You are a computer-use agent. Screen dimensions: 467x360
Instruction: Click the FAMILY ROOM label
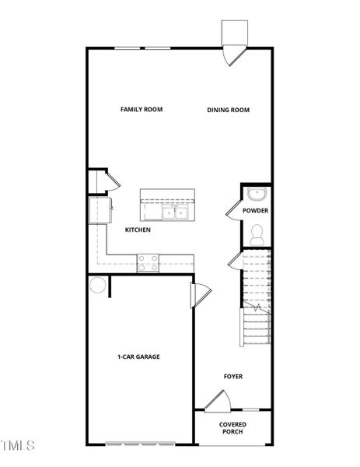click(x=141, y=110)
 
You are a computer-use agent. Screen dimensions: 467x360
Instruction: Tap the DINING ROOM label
click(x=228, y=110)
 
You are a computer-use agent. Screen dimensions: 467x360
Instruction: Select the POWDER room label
click(x=255, y=211)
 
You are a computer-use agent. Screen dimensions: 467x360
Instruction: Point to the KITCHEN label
click(x=138, y=230)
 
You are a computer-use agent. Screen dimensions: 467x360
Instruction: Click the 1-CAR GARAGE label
click(x=138, y=357)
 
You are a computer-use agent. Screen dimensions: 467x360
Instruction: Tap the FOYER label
click(x=233, y=377)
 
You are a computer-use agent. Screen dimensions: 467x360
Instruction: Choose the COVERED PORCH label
click(x=233, y=427)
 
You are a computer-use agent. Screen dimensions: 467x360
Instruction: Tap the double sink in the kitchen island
click(x=174, y=212)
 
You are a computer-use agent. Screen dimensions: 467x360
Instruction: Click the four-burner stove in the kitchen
click(x=148, y=264)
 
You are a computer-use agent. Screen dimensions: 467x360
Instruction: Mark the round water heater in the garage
click(x=97, y=286)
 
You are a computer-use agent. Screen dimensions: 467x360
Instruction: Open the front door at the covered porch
click(x=215, y=400)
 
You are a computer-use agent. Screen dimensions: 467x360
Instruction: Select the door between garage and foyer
click(x=199, y=295)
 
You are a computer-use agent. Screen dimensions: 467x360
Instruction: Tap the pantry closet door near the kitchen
click(x=110, y=181)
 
